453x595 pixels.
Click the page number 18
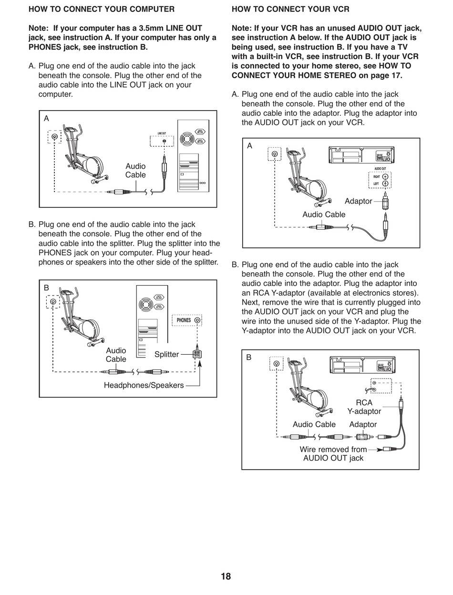point(226,576)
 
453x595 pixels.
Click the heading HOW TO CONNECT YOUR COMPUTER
point(102,9)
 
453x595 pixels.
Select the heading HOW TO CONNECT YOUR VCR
point(290,9)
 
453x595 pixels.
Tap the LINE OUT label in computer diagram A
point(162,133)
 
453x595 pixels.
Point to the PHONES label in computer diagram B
point(184,320)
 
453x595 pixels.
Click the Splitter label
point(166,354)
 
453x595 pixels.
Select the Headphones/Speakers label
point(144,385)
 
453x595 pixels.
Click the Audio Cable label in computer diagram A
point(135,170)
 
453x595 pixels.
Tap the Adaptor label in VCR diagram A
point(358,201)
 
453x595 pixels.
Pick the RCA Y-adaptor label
point(364,407)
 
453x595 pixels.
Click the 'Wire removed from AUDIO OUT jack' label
point(333,453)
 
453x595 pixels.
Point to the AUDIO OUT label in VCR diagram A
point(380,169)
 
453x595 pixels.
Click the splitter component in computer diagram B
point(196,354)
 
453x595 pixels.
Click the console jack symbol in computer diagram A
point(55,137)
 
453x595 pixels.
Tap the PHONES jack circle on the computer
point(197,320)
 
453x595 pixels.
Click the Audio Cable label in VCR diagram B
point(314,424)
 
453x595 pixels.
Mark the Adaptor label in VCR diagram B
point(363,424)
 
